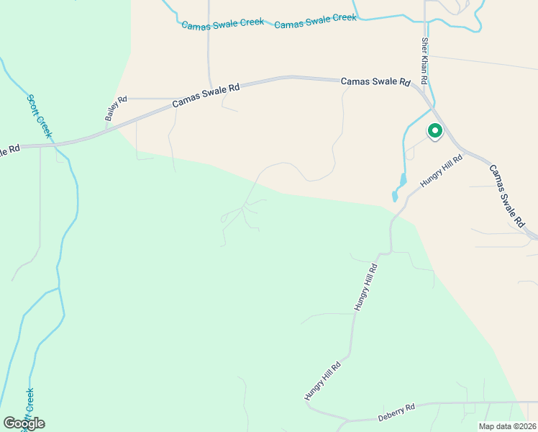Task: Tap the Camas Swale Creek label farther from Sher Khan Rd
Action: point(222,24)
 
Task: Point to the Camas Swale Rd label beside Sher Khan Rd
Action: point(375,81)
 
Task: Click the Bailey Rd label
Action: point(116,108)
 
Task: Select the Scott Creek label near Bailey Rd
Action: point(40,116)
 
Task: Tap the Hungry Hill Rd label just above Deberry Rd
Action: point(322,381)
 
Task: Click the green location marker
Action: point(434,131)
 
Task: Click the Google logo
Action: point(24,423)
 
